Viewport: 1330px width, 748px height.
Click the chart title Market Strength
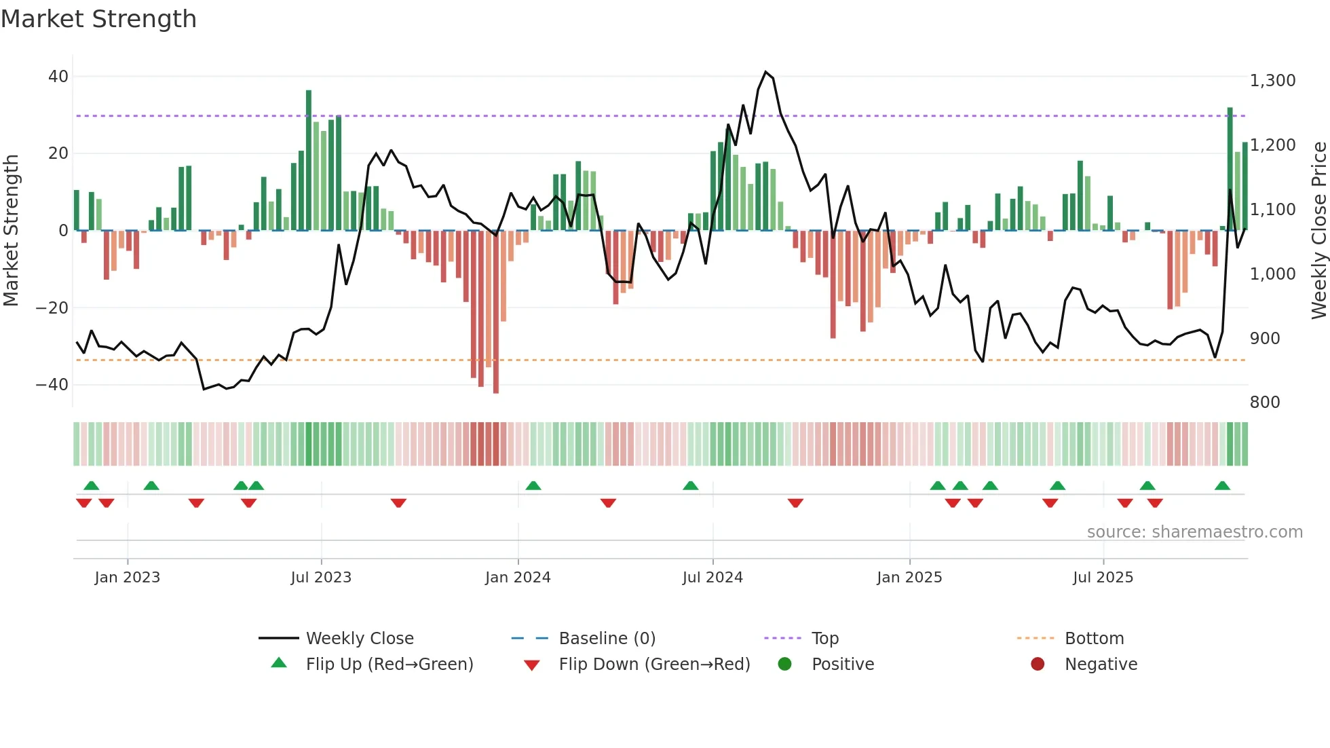[x=98, y=19]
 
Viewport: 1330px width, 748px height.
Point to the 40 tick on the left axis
[x=58, y=77]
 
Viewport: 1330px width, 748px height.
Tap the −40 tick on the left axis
[x=52, y=385]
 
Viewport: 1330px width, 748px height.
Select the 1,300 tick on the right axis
[x=1272, y=81]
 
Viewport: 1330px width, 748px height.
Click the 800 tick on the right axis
[x=1265, y=403]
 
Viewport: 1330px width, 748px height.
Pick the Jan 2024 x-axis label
[x=518, y=578]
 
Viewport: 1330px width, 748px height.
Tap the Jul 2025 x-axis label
[x=1103, y=578]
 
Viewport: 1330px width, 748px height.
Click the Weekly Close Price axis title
[x=1318, y=230]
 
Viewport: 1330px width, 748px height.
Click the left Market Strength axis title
[x=12, y=230]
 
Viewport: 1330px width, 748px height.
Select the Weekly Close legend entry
[x=359, y=639]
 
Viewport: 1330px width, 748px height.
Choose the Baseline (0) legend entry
[x=607, y=639]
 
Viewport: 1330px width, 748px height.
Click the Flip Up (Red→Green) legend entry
[x=389, y=665]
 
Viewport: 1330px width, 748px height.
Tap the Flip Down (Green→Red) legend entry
[x=654, y=665]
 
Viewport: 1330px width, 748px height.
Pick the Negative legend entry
[x=1100, y=665]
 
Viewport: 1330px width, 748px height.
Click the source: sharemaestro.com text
[x=1194, y=532]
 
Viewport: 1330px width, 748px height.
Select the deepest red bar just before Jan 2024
[x=496, y=312]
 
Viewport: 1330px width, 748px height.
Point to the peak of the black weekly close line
[x=765, y=72]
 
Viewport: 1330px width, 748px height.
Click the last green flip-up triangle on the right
[x=1222, y=486]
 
